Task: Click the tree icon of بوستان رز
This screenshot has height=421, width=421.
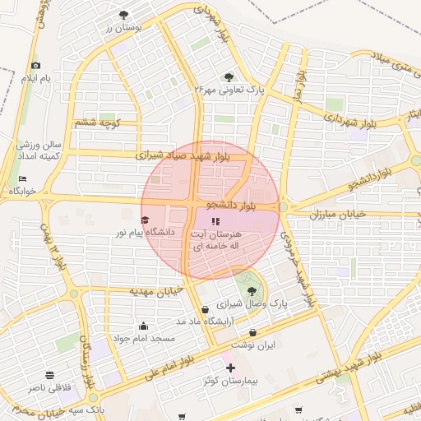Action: coord(124,15)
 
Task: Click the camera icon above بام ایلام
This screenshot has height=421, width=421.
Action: coord(35,66)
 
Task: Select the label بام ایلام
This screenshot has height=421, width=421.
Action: coord(35,78)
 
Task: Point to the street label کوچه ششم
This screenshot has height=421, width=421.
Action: coord(98,123)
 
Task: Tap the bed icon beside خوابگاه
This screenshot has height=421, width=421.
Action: coord(22,178)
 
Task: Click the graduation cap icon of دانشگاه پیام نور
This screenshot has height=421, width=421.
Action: coord(145,220)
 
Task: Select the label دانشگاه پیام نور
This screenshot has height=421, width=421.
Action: coord(145,233)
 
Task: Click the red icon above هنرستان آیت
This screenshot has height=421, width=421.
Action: coord(215,221)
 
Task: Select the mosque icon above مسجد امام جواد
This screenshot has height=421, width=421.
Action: coord(144,326)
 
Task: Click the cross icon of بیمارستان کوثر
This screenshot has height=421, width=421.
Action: coord(230,367)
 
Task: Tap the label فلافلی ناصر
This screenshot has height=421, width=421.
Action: coord(51,386)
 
